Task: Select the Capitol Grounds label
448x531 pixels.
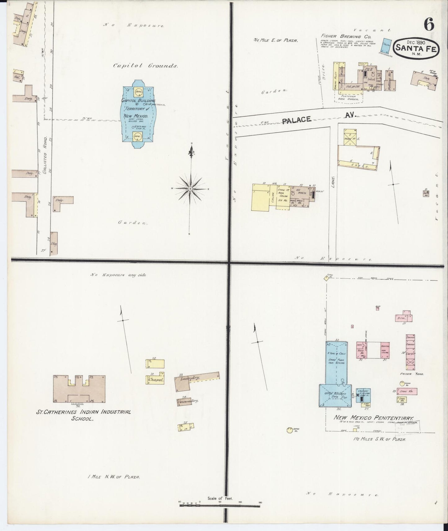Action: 145,66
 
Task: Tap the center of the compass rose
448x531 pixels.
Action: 190,189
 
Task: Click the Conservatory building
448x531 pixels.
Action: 188,402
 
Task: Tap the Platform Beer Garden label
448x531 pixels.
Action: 348,98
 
